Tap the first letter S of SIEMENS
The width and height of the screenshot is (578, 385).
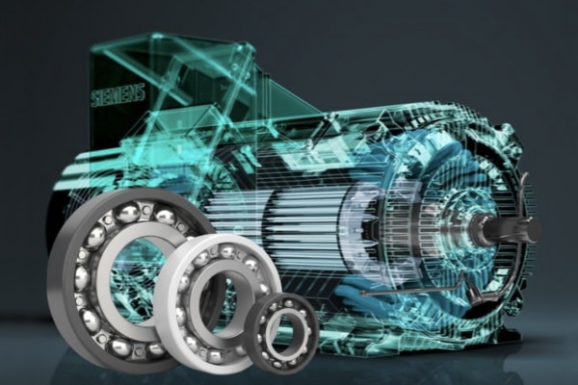[x=95, y=98]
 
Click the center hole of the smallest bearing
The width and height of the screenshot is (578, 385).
[x=281, y=331]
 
